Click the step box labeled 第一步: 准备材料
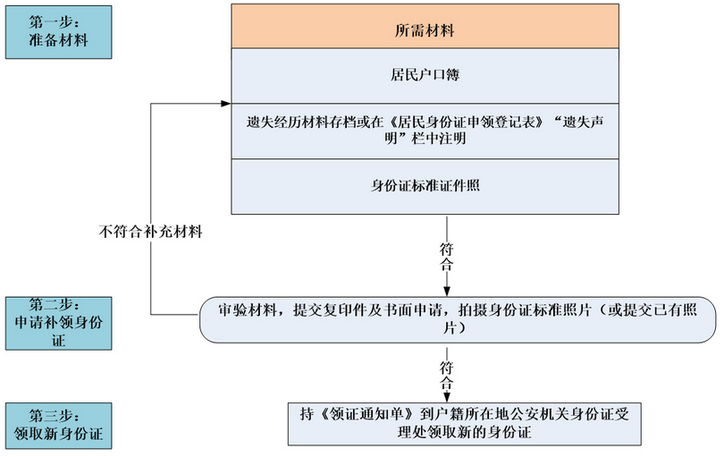point(59,32)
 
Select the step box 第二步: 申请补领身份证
point(59,323)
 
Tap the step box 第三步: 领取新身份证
point(59,426)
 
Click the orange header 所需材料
point(425,26)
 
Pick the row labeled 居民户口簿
point(425,76)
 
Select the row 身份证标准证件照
point(425,187)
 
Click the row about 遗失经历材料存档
point(425,131)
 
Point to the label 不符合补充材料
point(150,231)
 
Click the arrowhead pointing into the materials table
point(226,104)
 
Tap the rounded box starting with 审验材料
point(458,320)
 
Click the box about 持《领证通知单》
point(465,424)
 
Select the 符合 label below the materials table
point(447,257)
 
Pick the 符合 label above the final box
point(447,376)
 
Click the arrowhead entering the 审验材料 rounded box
point(447,292)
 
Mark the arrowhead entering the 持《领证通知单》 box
point(447,397)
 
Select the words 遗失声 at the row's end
point(583,123)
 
